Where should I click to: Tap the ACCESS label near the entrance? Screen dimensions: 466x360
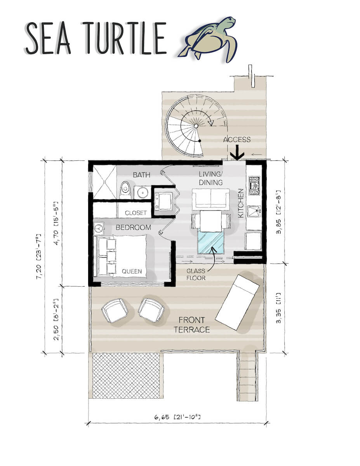pos(237,140)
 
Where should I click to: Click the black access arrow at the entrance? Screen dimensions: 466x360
pos(237,154)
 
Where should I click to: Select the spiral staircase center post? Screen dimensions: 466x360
pos(196,126)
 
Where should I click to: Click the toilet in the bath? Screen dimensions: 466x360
pos(125,190)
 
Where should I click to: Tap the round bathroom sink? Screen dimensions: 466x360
pos(142,192)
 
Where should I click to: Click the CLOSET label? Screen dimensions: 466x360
pos(136,213)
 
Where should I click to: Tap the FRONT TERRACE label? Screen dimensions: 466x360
pos(194,325)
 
